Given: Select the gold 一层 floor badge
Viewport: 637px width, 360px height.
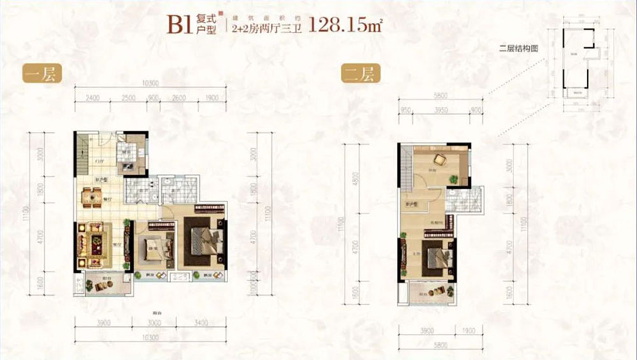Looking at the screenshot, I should click(x=39, y=74).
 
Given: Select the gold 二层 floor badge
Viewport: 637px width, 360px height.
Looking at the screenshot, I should click(x=358, y=74).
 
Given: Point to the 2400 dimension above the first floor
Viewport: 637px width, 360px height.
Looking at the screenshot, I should click(x=94, y=97).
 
